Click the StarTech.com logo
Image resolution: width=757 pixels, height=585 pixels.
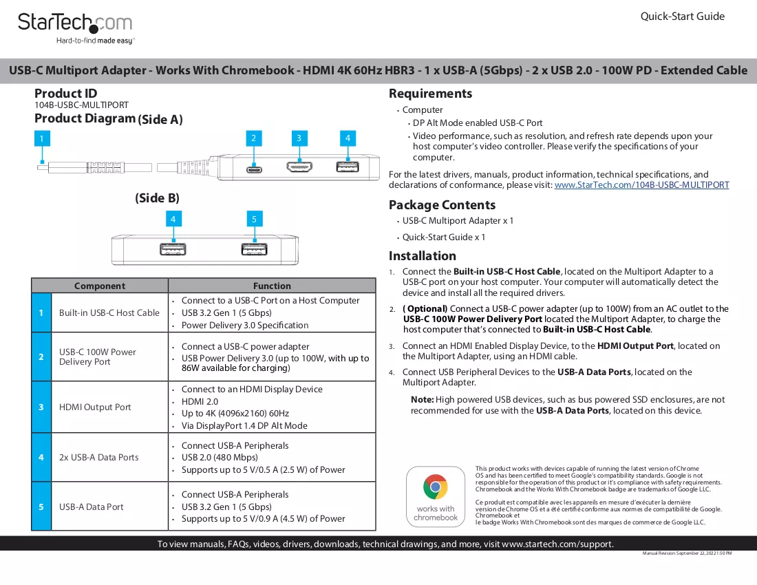point(75,28)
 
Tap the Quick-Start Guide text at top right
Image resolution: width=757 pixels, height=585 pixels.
point(682,17)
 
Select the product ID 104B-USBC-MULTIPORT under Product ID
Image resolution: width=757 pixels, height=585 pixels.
point(82,105)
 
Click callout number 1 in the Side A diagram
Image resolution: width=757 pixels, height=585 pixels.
point(42,138)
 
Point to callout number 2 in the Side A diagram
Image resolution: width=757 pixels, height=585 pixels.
point(253,138)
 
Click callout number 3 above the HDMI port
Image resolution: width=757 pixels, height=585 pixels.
point(299,138)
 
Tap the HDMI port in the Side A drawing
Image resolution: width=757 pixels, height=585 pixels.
point(299,167)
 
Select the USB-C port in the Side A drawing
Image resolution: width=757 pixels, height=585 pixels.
point(254,169)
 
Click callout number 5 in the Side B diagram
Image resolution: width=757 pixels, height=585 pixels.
point(255,219)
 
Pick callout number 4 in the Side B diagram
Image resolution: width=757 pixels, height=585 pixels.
point(173,219)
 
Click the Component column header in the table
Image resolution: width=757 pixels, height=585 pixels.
point(100,286)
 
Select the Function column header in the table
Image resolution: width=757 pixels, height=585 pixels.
point(272,286)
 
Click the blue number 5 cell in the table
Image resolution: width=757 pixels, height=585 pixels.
point(41,507)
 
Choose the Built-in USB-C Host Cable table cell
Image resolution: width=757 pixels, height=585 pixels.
point(109,312)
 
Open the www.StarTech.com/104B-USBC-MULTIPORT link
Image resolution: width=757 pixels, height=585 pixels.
point(641,185)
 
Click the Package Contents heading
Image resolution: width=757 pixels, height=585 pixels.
point(443,205)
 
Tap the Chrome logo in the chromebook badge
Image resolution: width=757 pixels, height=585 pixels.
point(436,487)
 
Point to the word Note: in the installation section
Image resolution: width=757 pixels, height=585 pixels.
point(423,400)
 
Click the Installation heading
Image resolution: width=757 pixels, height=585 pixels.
point(423,256)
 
